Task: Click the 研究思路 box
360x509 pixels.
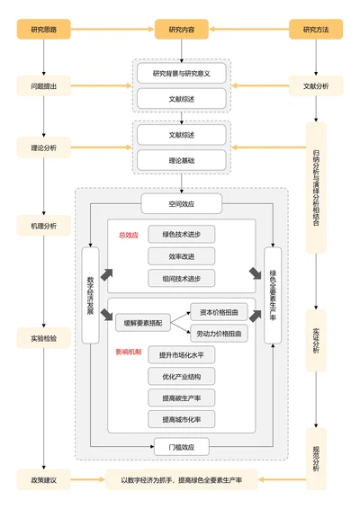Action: (43, 30)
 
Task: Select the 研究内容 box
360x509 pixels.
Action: (181, 30)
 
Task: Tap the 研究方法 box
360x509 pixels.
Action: (316, 30)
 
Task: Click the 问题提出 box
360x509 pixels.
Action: (43, 87)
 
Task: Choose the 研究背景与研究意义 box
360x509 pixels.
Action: (181, 73)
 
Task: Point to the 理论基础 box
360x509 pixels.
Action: (181, 160)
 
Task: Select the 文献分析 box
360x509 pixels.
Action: (316, 87)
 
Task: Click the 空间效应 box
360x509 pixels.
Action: (181, 204)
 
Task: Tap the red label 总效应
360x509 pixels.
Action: (128, 235)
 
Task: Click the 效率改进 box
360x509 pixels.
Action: (181, 256)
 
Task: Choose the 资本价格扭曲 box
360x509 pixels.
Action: (219, 311)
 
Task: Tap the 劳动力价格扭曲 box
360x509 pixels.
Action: (219, 334)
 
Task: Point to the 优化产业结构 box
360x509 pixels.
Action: (181, 376)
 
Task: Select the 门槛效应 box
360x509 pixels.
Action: (181, 446)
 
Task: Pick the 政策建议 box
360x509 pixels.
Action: (43, 480)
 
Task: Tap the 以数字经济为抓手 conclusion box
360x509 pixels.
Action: (181, 480)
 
